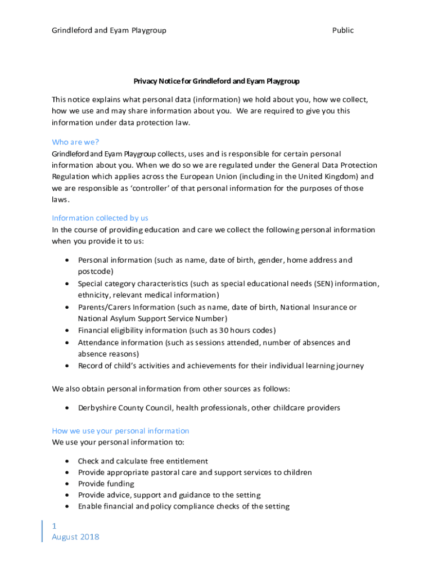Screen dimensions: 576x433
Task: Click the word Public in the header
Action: click(x=342, y=30)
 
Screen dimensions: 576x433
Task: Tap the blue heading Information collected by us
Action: click(x=100, y=218)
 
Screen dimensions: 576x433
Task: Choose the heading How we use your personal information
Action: click(x=120, y=431)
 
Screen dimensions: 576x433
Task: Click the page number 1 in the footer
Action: click(x=55, y=526)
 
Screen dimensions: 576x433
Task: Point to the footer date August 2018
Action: click(x=75, y=537)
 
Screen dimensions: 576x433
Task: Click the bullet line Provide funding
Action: click(x=106, y=484)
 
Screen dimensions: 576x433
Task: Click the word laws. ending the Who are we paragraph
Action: click(x=61, y=200)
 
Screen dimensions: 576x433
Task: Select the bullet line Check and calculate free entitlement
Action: click(x=143, y=461)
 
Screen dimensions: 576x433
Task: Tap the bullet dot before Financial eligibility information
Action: click(x=67, y=331)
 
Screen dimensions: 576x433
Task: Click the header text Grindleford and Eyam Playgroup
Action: click(x=109, y=30)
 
